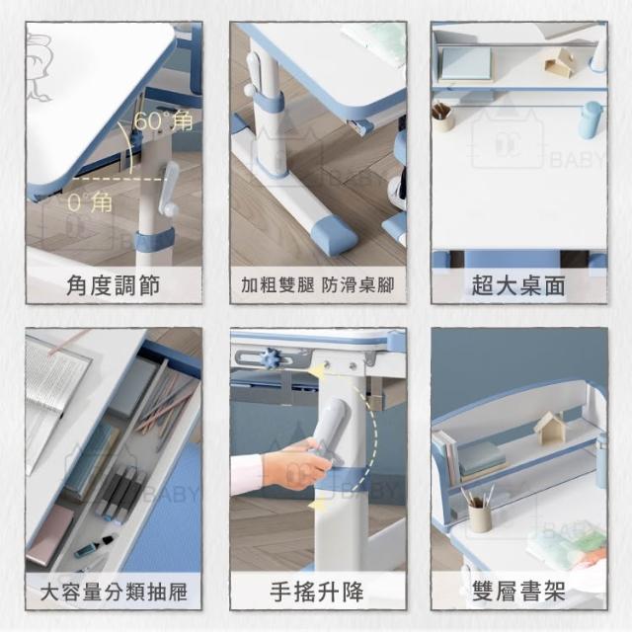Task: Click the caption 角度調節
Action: [x=114, y=285]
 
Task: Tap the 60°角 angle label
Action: [x=163, y=120]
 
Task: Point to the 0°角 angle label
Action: [x=90, y=201]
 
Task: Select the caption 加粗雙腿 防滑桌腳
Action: [x=318, y=285]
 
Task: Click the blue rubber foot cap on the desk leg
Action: [x=335, y=234]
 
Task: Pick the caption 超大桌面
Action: [x=518, y=285]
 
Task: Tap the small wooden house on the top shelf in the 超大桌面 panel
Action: [x=559, y=63]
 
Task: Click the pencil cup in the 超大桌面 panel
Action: [x=442, y=117]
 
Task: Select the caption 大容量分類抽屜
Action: [x=114, y=592]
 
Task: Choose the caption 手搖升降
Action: [x=317, y=592]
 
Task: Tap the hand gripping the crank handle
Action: [x=296, y=463]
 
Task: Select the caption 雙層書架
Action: [x=518, y=592]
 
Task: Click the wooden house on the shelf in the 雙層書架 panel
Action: [x=549, y=428]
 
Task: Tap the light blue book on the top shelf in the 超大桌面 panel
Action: [x=467, y=63]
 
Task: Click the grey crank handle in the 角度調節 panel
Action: [x=169, y=189]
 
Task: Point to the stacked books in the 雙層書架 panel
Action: [x=482, y=461]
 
